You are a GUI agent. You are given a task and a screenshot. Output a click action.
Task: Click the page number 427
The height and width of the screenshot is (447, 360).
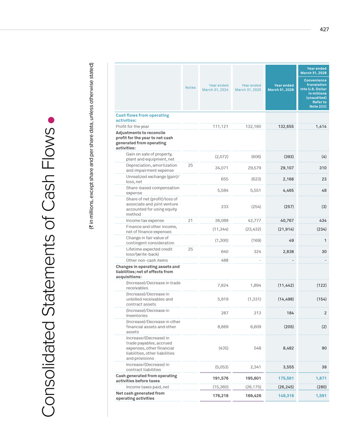pos(324,29)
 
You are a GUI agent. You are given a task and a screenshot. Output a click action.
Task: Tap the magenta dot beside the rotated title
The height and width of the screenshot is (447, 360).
pos(51,120)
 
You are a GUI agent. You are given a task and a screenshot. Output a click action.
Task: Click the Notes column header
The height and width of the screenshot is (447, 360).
pos(190,88)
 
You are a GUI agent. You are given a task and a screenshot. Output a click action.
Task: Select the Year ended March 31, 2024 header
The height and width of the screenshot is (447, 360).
pos(215,88)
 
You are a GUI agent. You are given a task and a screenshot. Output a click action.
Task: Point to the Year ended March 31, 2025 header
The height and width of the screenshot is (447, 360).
pos(248,88)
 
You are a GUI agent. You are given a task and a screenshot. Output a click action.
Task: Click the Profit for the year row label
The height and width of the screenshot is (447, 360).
pos(132,127)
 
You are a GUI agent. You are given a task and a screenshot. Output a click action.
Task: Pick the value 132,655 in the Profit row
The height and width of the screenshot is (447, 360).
pos(286,127)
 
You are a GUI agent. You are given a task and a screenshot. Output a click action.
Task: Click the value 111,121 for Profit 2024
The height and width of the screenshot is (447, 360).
pos(220,127)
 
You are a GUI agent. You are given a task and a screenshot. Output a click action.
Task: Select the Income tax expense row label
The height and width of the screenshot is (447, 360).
pos(145,221)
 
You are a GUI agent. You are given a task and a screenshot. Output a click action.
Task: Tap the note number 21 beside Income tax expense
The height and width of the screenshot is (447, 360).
pos(190,221)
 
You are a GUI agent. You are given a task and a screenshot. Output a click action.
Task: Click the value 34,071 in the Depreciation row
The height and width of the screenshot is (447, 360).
pos(222,168)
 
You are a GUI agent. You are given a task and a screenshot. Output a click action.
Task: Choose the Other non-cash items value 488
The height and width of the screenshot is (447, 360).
pos(224,260)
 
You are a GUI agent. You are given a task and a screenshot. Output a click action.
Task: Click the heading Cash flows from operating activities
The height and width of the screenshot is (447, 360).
pos(142,118)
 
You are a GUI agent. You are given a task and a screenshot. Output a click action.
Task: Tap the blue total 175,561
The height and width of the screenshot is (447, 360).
pos(286,378)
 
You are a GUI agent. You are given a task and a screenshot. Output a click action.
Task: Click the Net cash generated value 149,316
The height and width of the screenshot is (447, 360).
pos(286,396)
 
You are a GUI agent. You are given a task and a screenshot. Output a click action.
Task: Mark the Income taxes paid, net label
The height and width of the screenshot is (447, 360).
pos(147,387)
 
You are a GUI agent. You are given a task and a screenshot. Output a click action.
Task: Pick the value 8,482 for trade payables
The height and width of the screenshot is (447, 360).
pos(288,348)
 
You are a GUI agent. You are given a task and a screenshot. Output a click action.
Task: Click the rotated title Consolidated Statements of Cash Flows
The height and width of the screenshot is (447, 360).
pos(48,272)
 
